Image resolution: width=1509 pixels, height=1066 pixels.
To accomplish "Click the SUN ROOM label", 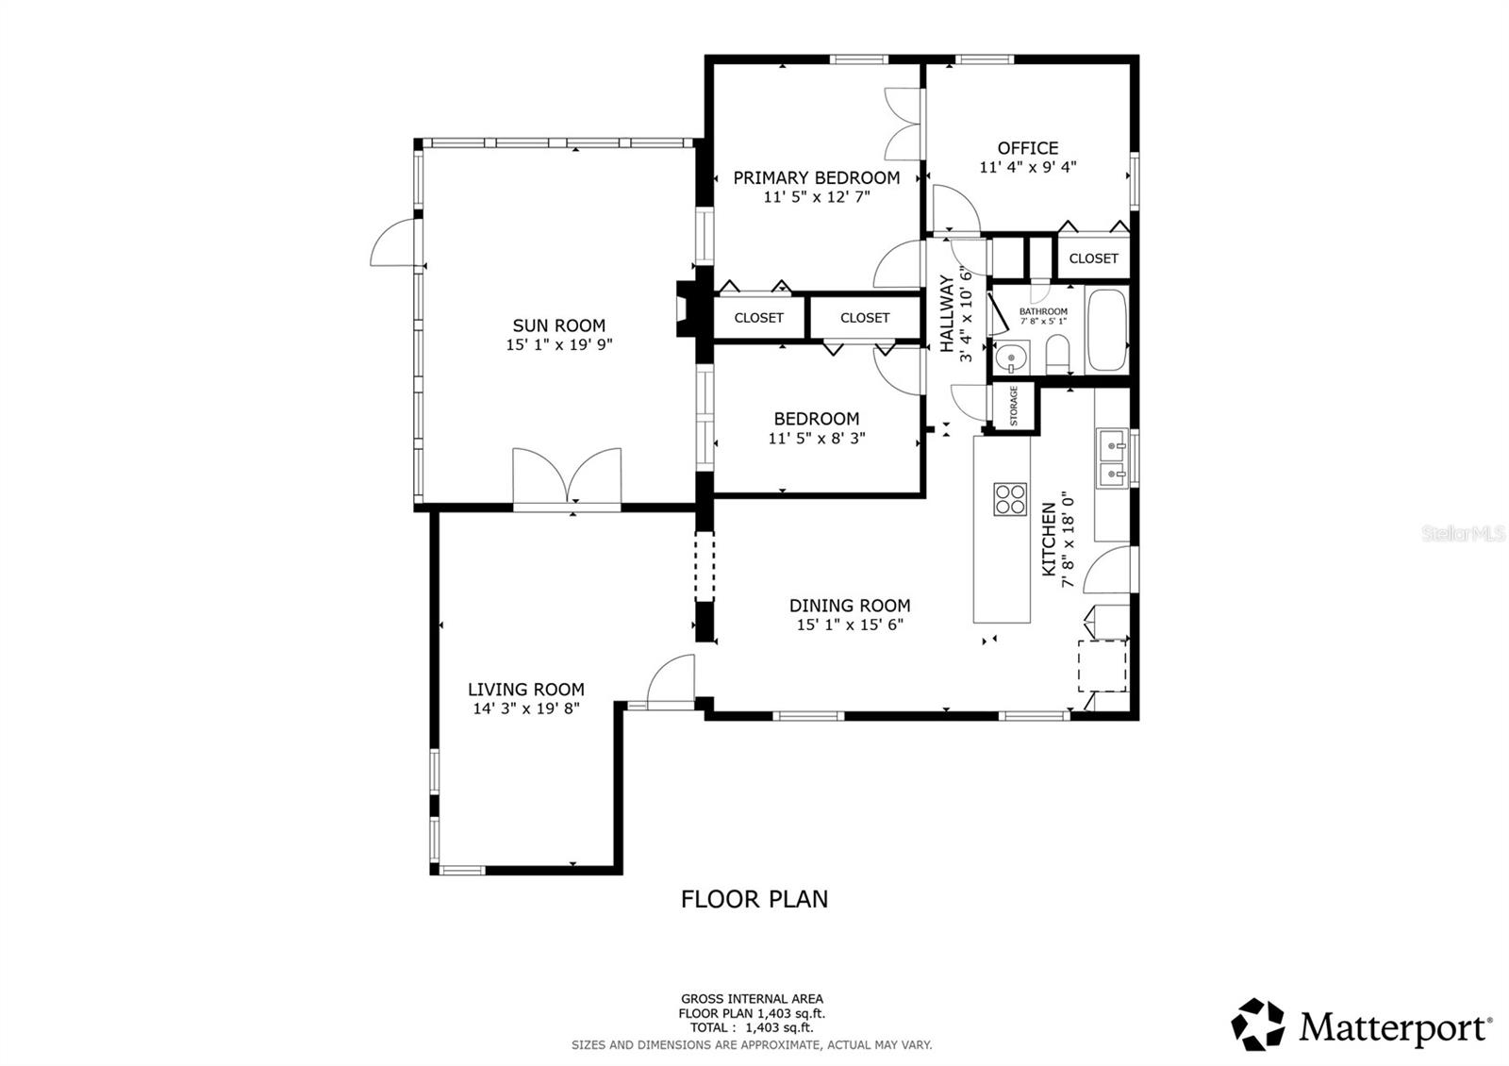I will [x=559, y=326].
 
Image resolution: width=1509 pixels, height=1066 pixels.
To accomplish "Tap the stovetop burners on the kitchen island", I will [x=1010, y=498].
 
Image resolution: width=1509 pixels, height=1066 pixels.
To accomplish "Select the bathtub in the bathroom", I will [x=1107, y=331].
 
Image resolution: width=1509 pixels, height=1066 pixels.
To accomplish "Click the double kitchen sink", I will [x=1113, y=458].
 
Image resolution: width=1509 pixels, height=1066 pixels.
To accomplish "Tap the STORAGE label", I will [x=1015, y=406].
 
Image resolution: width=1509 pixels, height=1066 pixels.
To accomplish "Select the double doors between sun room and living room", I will [x=567, y=478].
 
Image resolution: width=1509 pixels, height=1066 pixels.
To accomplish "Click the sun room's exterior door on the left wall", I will [x=392, y=243].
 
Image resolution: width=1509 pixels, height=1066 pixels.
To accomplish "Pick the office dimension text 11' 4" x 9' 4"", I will [x=1028, y=167].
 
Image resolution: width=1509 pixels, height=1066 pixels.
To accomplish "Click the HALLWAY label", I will [x=946, y=300].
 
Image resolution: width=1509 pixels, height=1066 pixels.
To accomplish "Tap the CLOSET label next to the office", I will [x=1093, y=258].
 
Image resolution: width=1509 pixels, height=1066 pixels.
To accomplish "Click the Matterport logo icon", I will [x=1259, y=1024].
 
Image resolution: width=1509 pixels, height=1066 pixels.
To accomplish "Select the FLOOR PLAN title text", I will [x=754, y=899].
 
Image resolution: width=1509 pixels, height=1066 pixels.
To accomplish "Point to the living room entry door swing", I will [x=671, y=681].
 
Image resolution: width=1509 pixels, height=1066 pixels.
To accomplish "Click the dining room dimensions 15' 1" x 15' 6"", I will [x=850, y=625].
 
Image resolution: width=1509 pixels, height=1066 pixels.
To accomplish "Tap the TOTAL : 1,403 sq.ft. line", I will [x=752, y=1028].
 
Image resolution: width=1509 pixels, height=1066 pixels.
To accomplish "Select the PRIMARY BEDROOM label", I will [x=817, y=177].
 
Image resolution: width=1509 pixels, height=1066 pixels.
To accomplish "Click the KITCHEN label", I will [x=1049, y=540].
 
